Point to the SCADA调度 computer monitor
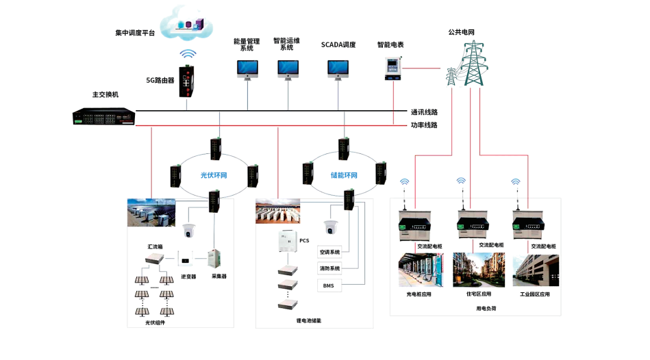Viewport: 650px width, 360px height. [x=338, y=69]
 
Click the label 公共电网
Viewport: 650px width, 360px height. [x=462, y=32]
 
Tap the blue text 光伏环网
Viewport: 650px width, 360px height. [x=213, y=175]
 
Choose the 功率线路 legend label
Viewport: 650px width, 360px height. [x=424, y=125]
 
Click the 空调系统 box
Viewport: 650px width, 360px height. [x=329, y=253]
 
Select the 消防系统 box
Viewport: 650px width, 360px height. [x=329, y=268]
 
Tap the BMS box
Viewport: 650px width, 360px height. [x=329, y=285]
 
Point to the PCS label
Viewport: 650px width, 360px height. [x=304, y=240]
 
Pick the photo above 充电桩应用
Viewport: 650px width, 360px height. [x=418, y=270]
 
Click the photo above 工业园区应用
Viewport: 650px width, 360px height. [x=535, y=270]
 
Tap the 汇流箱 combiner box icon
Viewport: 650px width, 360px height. [x=154, y=259]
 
